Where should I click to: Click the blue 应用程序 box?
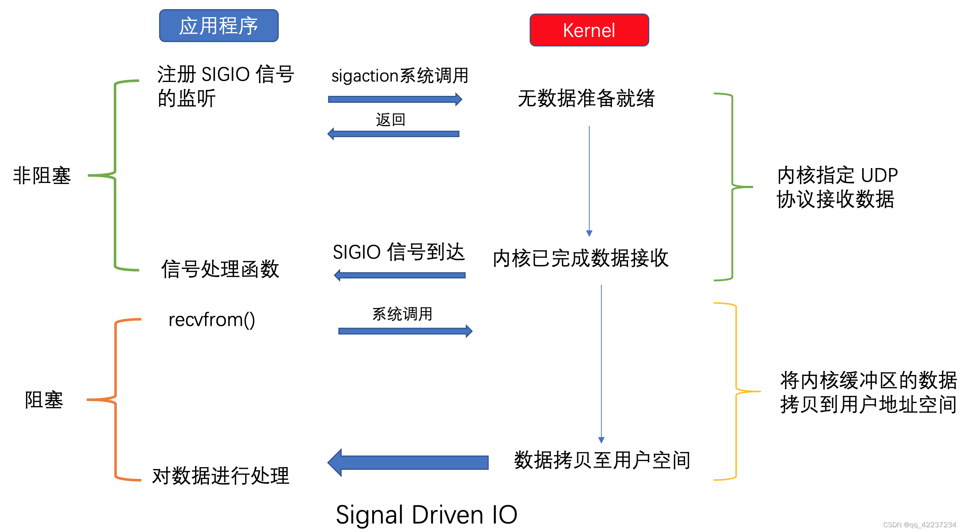218,26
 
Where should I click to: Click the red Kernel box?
589,30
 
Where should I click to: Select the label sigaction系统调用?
399,76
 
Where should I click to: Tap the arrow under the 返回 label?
393,134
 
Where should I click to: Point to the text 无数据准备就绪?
586,98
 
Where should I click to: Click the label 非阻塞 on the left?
42,176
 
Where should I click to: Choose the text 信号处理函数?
220,269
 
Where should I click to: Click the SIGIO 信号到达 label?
398,252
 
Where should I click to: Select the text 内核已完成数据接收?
580,258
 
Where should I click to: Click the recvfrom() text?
212,320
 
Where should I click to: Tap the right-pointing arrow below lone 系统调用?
405,331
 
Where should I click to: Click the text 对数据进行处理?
220,476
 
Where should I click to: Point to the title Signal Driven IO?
426,515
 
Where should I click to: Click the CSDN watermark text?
919,525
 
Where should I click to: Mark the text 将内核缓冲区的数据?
868,380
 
